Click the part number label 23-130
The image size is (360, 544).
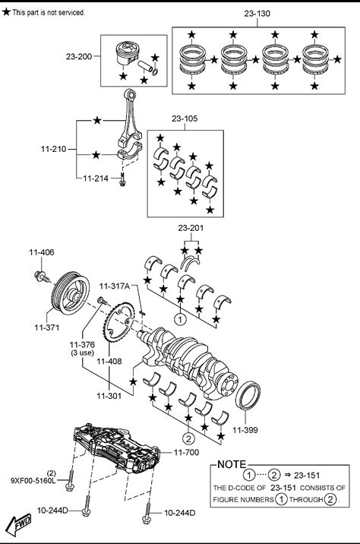point(257,14)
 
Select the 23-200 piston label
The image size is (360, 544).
point(79,56)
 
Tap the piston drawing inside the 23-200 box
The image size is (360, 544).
point(128,53)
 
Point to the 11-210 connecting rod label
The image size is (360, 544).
point(53,149)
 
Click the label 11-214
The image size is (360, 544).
point(96,179)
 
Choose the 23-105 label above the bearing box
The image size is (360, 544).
point(185,119)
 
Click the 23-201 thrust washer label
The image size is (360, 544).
point(191,228)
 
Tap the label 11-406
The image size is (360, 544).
point(42,252)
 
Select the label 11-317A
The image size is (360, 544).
point(115,286)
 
